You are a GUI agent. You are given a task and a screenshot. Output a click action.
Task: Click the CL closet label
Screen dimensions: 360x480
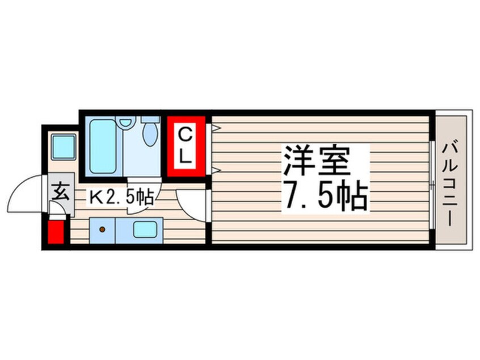(185, 146)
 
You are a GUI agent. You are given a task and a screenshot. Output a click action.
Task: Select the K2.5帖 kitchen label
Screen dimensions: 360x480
(120, 197)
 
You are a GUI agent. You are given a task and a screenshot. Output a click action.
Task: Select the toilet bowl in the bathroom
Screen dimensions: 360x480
(151, 135)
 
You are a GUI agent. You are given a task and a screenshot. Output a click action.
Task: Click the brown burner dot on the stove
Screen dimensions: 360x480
(103, 229)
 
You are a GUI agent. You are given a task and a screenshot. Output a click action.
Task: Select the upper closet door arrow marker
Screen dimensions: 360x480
(214, 128)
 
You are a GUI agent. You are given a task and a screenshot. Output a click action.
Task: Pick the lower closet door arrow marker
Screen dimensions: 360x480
(215, 169)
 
